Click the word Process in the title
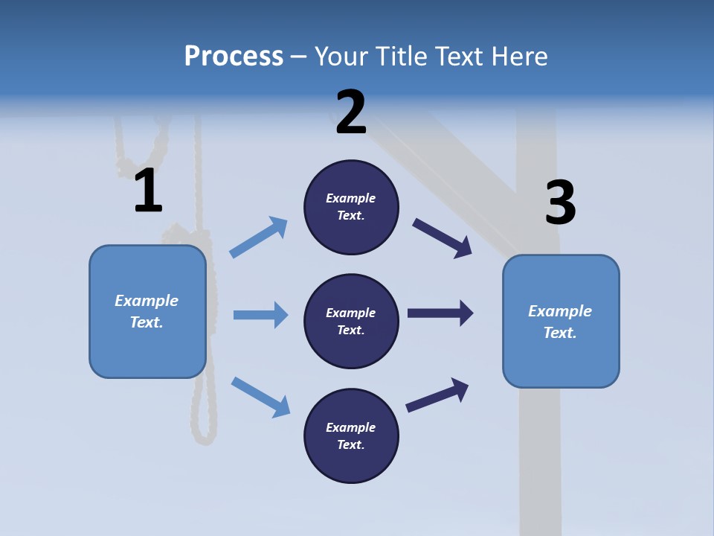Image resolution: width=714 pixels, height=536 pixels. click(x=234, y=56)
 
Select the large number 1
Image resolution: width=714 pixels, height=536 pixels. click(x=148, y=191)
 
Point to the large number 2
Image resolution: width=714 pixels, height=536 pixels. click(x=351, y=112)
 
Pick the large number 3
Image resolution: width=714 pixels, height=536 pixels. click(x=560, y=202)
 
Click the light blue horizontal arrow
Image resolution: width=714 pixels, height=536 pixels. click(x=260, y=315)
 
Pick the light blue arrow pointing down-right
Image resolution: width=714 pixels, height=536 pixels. click(x=260, y=396)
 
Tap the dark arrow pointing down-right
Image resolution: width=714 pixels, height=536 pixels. click(x=443, y=237)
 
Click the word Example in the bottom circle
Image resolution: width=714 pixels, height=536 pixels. click(x=351, y=427)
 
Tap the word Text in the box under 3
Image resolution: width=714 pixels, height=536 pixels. click(x=559, y=333)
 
